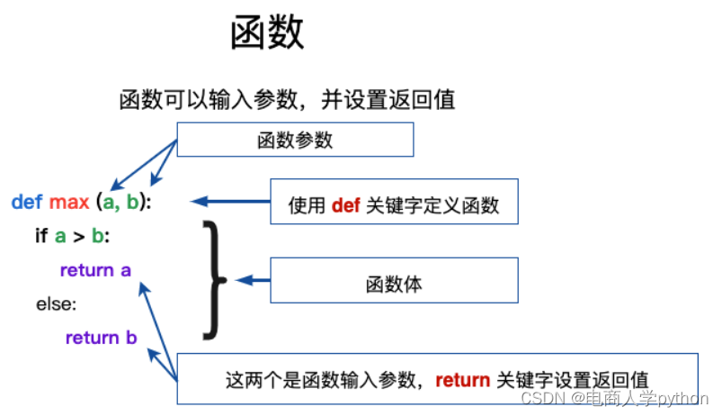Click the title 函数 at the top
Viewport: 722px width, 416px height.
tap(268, 33)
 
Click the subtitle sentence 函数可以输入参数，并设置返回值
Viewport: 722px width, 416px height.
tap(287, 99)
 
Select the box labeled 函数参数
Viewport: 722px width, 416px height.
tap(295, 140)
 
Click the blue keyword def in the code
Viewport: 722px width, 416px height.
tap(27, 203)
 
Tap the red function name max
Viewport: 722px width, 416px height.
tap(69, 203)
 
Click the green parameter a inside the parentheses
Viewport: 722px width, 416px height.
tap(109, 203)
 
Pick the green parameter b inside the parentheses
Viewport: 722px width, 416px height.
tap(132, 203)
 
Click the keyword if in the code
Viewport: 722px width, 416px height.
tap(40, 236)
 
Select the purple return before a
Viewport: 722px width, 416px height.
tap(86, 270)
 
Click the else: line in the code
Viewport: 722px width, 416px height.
tap(57, 304)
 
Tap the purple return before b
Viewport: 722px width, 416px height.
tap(92, 339)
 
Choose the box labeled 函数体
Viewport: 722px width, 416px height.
tap(394, 285)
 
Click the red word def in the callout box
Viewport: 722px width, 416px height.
tap(345, 205)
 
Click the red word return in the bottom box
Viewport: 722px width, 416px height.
tap(462, 380)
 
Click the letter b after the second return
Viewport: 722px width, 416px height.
tap(131, 339)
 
